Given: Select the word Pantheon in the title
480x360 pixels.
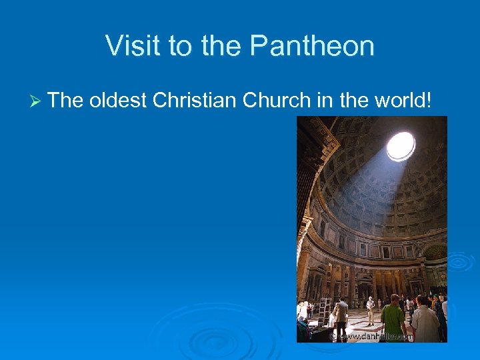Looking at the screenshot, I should pos(312,46).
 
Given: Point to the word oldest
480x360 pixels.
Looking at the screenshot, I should pos(117,101).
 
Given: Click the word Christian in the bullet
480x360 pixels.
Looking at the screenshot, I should pos(194,101).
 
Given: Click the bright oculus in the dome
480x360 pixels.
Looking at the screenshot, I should pos(401,146).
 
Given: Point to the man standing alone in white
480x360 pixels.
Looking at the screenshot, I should pos(370,310).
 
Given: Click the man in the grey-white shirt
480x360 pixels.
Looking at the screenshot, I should pos(425,320).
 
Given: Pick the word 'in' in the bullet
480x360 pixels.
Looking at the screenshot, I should pos(324,101).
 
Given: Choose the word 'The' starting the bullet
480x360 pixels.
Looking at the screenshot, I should pos(65,101).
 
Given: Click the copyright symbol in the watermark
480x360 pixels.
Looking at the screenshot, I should pos(333,337).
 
